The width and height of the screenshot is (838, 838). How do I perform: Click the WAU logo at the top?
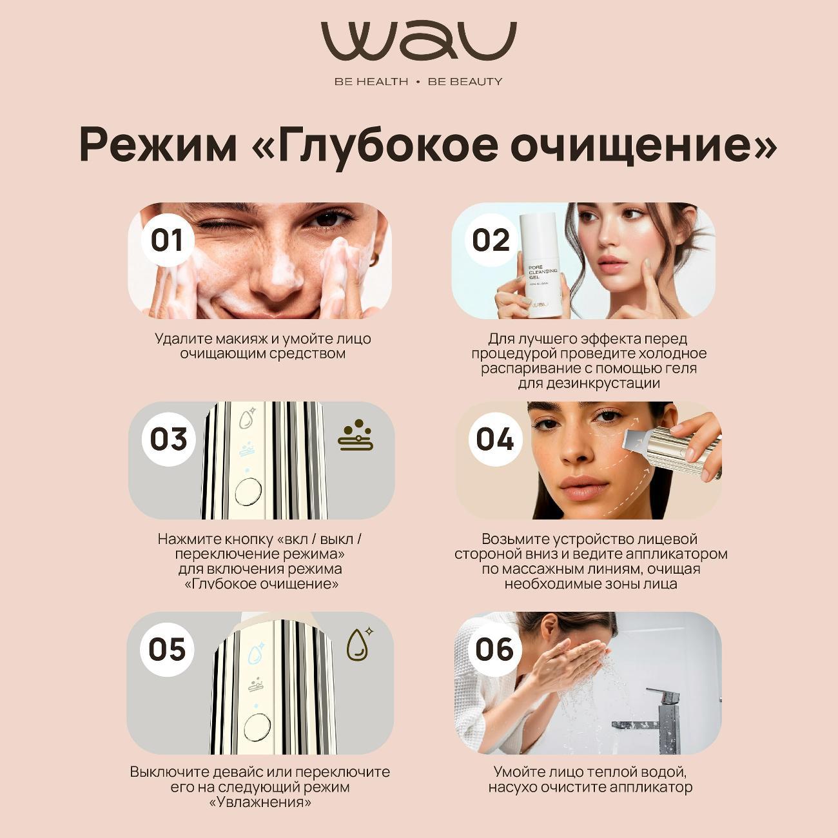pyautogui.click(x=418, y=42)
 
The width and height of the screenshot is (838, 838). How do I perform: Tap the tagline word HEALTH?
pyautogui.click(x=380, y=82)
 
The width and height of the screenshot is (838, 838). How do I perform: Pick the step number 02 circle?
pyautogui.click(x=491, y=240)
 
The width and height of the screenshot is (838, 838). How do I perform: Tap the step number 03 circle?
pyautogui.click(x=168, y=439)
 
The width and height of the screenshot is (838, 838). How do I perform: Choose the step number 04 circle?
pyautogui.click(x=494, y=439)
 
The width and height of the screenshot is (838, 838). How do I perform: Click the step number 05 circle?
pyautogui.click(x=167, y=649)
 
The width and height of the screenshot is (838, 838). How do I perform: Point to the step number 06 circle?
pyautogui.click(x=494, y=649)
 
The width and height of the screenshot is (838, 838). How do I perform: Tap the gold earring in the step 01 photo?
pyautogui.click(x=373, y=258)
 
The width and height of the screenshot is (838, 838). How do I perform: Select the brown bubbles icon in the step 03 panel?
pyautogui.click(x=356, y=436)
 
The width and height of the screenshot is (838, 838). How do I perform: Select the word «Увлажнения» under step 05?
pyautogui.click(x=260, y=803)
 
